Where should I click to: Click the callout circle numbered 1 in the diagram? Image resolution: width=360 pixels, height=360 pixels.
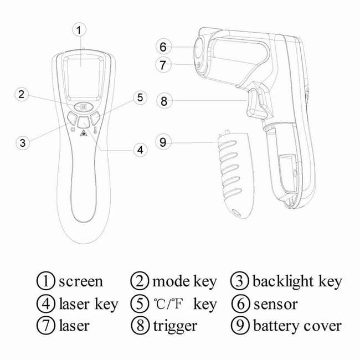point(79,30)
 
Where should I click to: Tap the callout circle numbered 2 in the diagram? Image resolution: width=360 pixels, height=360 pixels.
point(22,94)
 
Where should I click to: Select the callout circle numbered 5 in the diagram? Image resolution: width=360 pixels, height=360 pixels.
point(140,97)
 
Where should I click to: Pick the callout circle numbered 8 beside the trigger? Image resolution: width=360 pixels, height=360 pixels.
point(164,101)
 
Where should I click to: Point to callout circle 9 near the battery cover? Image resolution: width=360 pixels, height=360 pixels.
point(163,142)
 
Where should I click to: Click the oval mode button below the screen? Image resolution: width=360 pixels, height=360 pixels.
point(83,106)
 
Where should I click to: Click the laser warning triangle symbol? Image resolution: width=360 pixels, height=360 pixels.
point(84,133)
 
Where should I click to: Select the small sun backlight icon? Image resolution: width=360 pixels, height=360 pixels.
point(73,130)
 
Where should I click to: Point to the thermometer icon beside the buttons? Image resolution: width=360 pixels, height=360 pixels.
point(95,130)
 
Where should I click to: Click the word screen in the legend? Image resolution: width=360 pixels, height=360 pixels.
point(81,281)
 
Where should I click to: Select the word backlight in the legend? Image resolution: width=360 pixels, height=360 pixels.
point(282,281)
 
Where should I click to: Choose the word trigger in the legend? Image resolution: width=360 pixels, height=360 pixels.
point(175,326)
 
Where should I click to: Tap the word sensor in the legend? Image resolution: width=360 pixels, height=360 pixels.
point(275,304)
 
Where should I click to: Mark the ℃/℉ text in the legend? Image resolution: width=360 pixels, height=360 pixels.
point(168,304)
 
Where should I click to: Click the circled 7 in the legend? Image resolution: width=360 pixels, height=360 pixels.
point(46,326)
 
